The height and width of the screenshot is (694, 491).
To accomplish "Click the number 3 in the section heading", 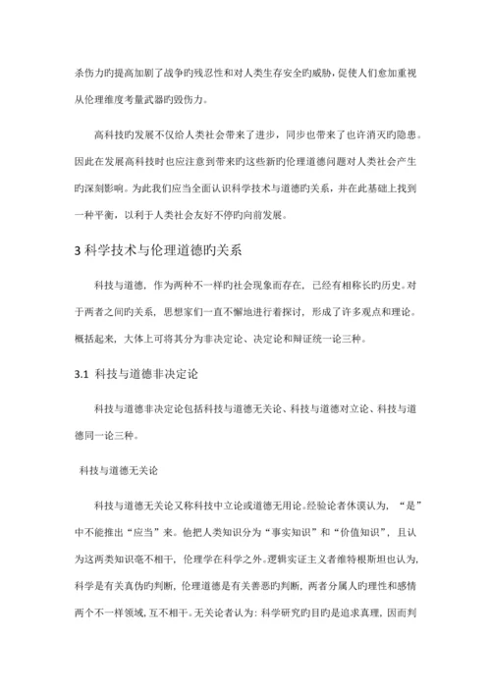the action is [80, 251].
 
